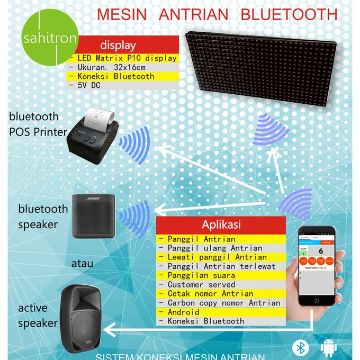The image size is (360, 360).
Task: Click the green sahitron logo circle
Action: pos(50,39)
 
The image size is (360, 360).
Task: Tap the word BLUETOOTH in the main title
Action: pos(289,13)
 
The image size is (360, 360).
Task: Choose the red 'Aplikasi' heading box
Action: pos(221,224)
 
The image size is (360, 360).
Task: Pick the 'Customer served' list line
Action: pos(202,284)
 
